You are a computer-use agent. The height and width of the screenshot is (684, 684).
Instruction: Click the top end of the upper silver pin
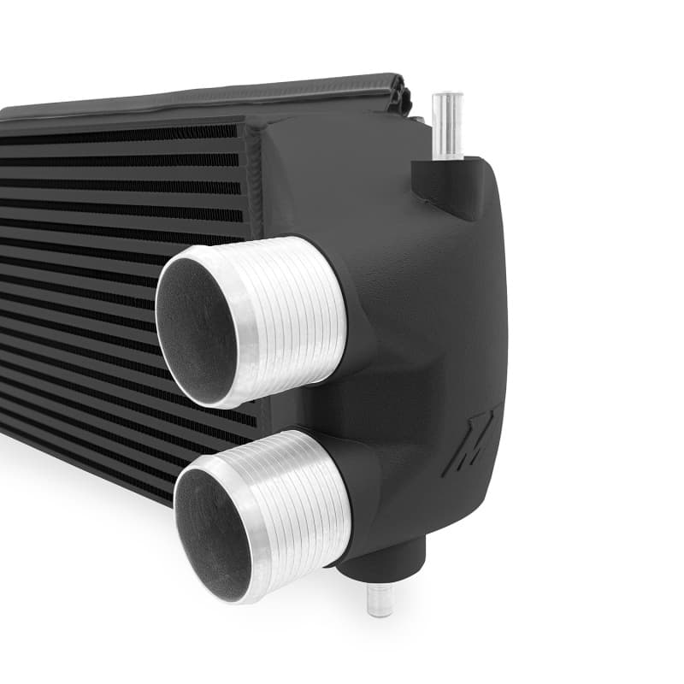tap(447, 97)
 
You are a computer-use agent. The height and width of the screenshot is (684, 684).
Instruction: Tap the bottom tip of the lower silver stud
tap(380, 611)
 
